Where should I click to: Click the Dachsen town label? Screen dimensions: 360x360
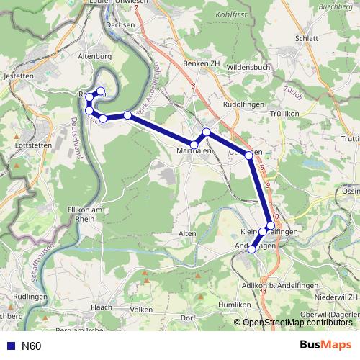pos(120,24)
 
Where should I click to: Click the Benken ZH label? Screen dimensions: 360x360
pos(201,64)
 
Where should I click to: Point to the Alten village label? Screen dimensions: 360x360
pos(186,234)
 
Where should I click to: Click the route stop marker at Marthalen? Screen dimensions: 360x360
pos(194,145)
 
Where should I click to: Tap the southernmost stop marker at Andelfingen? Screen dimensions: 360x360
pos(252,250)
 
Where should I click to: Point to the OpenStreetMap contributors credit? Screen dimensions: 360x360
pos(296,322)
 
